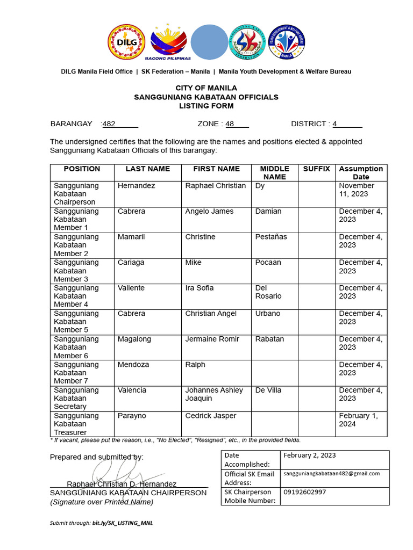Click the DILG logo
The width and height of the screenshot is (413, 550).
click(127, 42)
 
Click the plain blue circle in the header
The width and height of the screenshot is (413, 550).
click(209, 41)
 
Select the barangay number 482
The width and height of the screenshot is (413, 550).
click(109, 124)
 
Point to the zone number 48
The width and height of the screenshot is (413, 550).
click(230, 124)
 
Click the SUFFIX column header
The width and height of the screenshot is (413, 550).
click(316, 169)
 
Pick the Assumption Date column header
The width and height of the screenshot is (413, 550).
click(361, 172)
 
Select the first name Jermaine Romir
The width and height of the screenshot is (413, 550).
click(212, 339)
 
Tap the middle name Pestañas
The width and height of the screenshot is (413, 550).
click(271, 237)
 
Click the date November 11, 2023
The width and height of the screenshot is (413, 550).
click(357, 190)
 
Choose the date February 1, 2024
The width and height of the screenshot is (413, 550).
click(358, 419)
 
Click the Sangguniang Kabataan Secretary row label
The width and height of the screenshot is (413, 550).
click(76, 398)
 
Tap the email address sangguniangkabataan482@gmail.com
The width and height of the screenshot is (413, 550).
click(332, 473)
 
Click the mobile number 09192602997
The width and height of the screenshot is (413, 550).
click(304, 491)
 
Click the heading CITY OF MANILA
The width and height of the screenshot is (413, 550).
click(206, 88)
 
